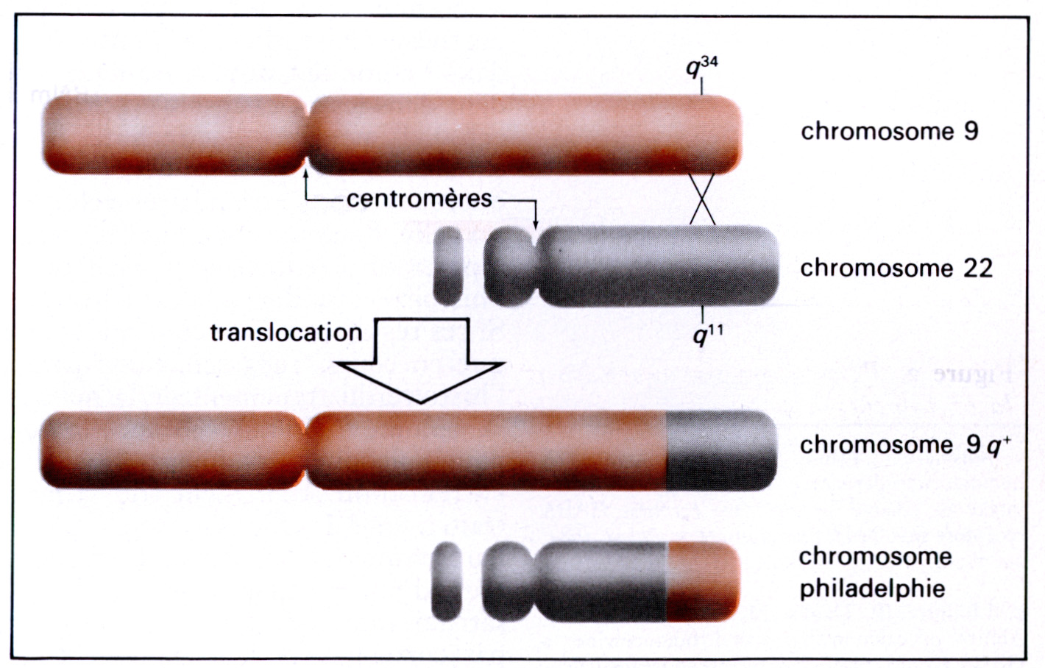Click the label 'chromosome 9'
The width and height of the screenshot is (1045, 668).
click(x=889, y=131)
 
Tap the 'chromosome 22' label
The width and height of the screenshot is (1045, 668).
click(x=896, y=268)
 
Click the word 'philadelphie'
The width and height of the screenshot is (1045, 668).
click(x=872, y=589)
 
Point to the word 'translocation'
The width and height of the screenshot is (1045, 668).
click(x=286, y=333)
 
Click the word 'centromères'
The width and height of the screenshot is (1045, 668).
click(x=419, y=199)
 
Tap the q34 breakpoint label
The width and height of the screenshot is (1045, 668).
click(x=701, y=67)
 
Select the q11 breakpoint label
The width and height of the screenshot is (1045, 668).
click(x=707, y=335)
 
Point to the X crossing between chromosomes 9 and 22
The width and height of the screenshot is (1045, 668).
click(x=702, y=199)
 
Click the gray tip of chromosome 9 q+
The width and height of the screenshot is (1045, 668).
click(x=720, y=450)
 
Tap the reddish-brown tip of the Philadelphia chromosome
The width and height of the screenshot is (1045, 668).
click(x=702, y=581)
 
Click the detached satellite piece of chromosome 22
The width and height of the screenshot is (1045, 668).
click(x=448, y=266)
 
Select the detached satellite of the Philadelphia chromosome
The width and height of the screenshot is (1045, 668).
click(x=447, y=581)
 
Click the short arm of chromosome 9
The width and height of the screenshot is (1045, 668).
click(x=174, y=134)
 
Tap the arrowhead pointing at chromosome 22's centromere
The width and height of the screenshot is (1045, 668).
click(x=535, y=224)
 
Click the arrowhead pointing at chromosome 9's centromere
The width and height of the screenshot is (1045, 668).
click(x=305, y=174)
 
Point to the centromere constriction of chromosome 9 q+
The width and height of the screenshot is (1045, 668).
click(x=305, y=450)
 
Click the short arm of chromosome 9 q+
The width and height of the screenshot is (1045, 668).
click(x=171, y=450)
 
